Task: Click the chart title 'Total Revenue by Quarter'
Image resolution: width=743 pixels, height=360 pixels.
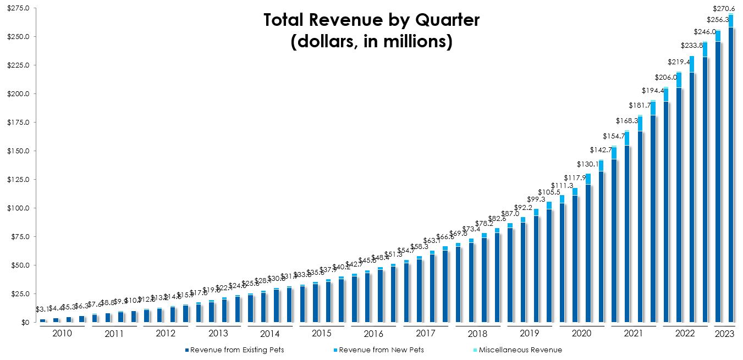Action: coord(371,20)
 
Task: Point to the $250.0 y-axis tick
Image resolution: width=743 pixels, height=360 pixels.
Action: coord(19,37)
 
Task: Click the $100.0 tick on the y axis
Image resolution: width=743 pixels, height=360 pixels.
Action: coord(19,208)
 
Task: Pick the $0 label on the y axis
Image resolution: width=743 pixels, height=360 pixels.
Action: coord(25,323)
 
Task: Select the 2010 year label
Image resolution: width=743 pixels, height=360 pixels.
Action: coord(62,334)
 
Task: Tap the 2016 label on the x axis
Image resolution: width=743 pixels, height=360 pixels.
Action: coord(373,334)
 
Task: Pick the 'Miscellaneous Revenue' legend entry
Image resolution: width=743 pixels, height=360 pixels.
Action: coord(516,350)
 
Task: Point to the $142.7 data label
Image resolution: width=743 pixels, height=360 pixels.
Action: coord(601,150)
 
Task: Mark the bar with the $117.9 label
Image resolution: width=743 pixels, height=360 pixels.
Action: coord(575,256)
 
